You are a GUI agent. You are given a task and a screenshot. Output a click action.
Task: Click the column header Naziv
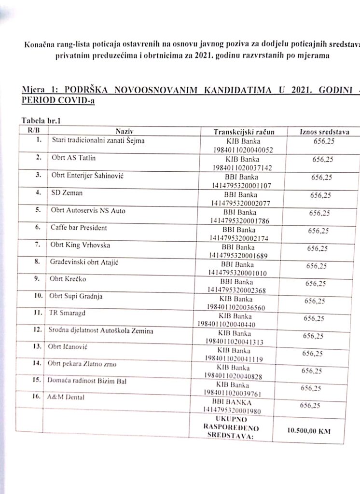[124, 131]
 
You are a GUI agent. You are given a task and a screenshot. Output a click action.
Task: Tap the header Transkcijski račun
[244, 132]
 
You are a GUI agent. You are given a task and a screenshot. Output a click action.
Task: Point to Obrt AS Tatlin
[71, 158]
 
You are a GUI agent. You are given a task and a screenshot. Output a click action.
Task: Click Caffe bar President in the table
[79, 228]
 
